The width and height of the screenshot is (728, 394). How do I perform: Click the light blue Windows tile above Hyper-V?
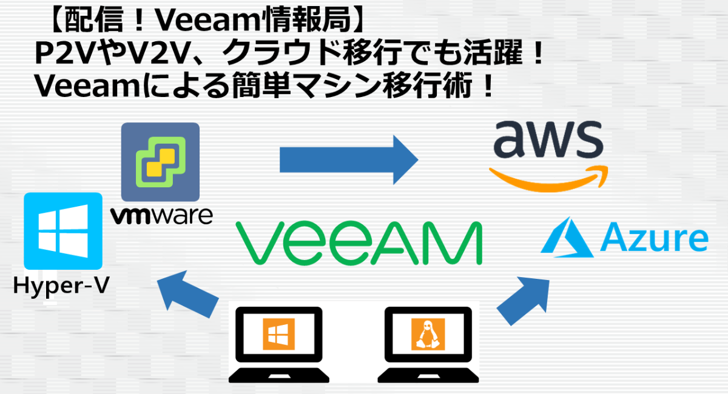62,231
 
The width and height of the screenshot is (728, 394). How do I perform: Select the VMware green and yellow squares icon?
160,162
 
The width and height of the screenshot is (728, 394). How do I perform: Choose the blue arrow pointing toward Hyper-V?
188,293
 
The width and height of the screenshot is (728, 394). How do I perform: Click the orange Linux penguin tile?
428,334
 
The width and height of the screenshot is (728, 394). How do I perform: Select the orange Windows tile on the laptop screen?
278,334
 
